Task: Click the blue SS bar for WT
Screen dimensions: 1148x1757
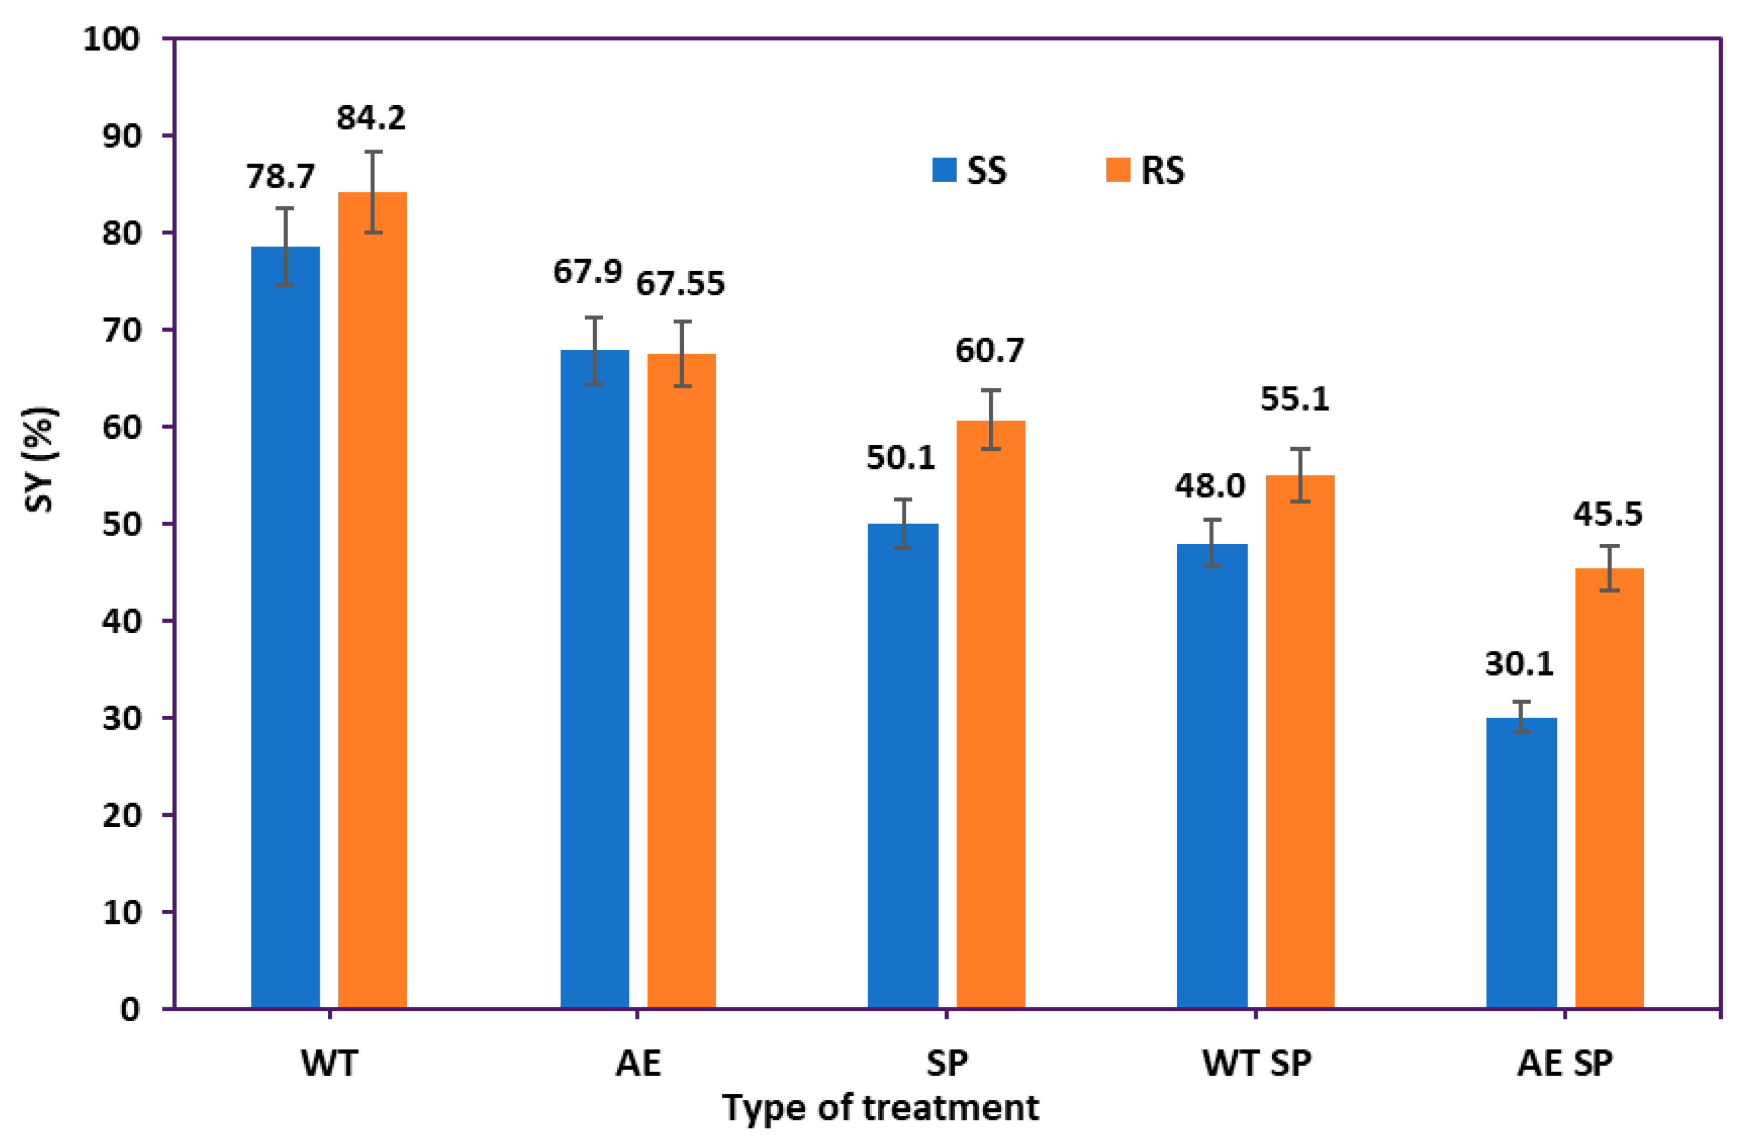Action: (285, 627)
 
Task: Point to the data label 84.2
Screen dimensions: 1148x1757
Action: (371, 118)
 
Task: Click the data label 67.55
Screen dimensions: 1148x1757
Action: (680, 284)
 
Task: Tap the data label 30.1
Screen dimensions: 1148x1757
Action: (1518, 664)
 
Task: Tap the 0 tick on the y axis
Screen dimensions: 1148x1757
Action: (130, 1009)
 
